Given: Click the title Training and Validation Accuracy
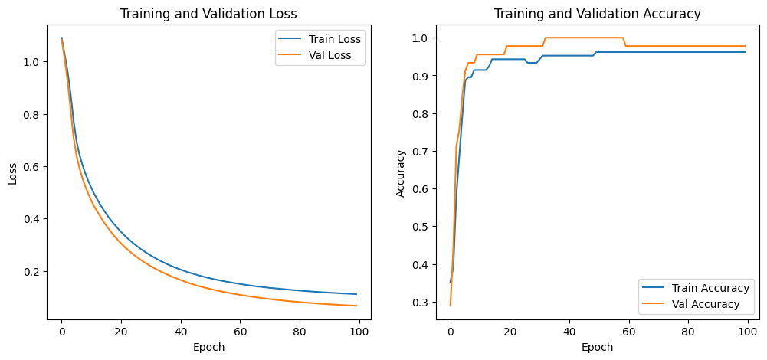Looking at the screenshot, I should click(x=597, y=13).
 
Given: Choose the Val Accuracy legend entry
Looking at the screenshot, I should click(x=706, y=304).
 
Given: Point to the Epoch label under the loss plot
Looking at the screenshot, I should click(x=209, y=347).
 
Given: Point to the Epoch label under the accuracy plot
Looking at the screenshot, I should click(x=597, y=347).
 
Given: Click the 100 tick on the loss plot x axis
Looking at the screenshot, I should click(x=359, y=332).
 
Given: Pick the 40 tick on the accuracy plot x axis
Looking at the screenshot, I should click(x=569, y=332).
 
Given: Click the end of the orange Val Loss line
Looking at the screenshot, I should click(x=356, y=306).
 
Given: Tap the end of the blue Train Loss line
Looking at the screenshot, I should click(x=356, y=294).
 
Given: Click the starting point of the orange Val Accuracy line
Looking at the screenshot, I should click(x=451, y=306).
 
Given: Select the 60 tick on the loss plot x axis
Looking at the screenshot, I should click(x=241, y=332).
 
